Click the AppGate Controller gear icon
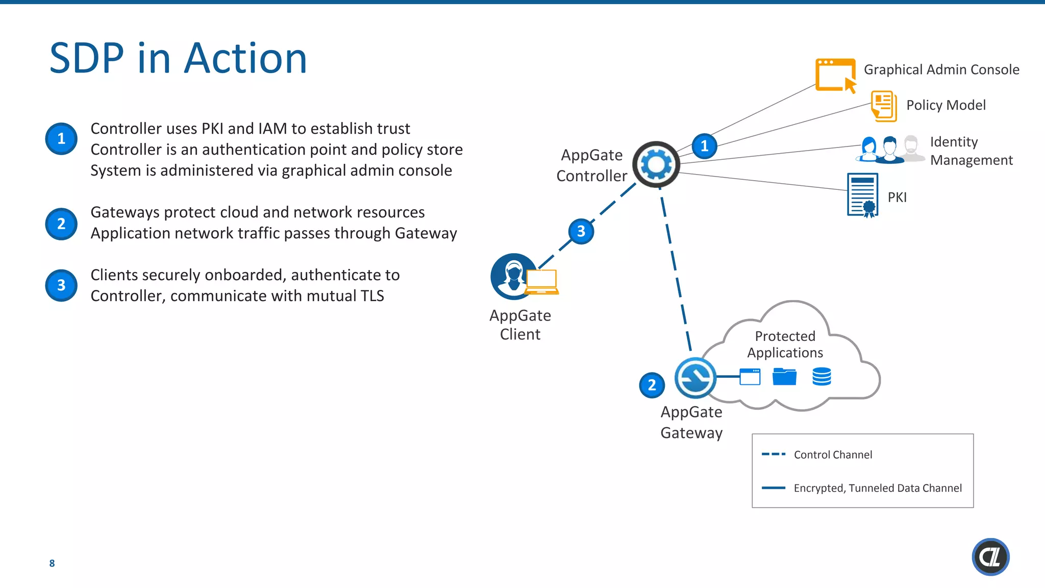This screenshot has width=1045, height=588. pyautogui.click(x=656, y=164)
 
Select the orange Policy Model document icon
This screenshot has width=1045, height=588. pyautogui.click(x=884, y=106)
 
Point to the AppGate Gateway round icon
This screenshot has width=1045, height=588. pyautogui.click(x=695, y=378)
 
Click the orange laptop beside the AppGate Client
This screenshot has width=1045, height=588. pyautogui.click(x=542, y=282)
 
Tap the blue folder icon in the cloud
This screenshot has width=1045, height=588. pyautogui.click(x=784, y=377)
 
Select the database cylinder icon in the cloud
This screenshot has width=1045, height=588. pyautogui.click(x=822, y=377)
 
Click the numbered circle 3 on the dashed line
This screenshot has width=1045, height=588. pyautogui.click(x=581, y=231)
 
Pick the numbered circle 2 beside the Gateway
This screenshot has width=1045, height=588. pyautogui.click(x=652, y=385)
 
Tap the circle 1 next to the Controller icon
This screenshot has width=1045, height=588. pyautogui.click(x=705, y=146)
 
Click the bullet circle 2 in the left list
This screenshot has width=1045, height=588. pyautogui.click(x=61, y=224)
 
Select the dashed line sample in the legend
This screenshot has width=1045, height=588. pyautogui.click(x=774, y=454)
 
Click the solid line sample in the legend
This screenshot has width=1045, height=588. pyautogui.click(x=774, y=488)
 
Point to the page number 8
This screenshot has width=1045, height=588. pyautogui.click(x=52, y=563)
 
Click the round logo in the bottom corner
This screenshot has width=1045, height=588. pyautogui.click(x=990, y=557)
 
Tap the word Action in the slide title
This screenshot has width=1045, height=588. pyautogui.click(x=245, y=58)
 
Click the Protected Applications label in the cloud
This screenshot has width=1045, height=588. pyautogui.click(x=785, y=344)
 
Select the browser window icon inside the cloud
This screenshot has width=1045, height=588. pyautogui.click(x=750, y=377)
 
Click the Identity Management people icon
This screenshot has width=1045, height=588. pyautogui.click(x=890, y=150)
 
